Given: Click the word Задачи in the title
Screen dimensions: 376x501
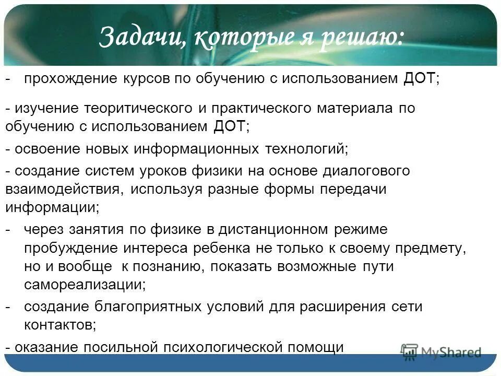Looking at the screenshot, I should pos(138,38).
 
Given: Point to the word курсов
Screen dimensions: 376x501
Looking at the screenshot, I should pos(142,79).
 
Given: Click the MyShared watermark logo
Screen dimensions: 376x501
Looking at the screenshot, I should pos(441,352).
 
